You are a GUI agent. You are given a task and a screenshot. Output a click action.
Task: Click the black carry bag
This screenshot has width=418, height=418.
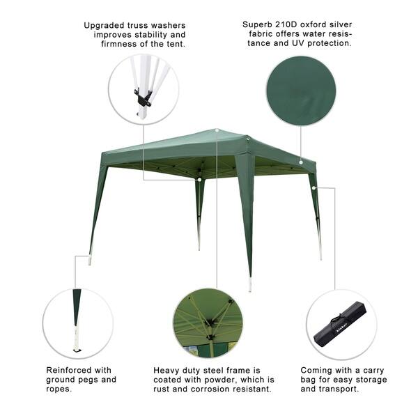[340, 324]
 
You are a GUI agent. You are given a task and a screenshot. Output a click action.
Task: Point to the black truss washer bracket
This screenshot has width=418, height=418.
[143, 98]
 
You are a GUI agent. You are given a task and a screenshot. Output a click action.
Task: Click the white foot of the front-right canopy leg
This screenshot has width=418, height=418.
[250, 284]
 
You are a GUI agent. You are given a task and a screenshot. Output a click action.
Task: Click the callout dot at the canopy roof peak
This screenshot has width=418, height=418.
[217, 130]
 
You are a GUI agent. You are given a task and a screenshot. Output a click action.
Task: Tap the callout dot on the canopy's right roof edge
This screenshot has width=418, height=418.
[301, 162]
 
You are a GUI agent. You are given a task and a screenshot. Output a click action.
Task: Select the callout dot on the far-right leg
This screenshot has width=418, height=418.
[314, 188]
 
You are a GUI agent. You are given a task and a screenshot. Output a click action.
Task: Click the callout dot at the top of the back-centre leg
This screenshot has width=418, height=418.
[199, 180]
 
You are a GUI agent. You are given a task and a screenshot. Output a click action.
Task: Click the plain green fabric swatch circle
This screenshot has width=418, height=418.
[301, 91]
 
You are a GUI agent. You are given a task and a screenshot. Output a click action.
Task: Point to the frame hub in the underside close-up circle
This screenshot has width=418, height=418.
[212, 322]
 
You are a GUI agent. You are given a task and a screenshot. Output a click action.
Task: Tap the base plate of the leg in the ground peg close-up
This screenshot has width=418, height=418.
[77, 350]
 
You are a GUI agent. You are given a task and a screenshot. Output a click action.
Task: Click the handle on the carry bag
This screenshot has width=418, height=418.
[337, 318]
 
